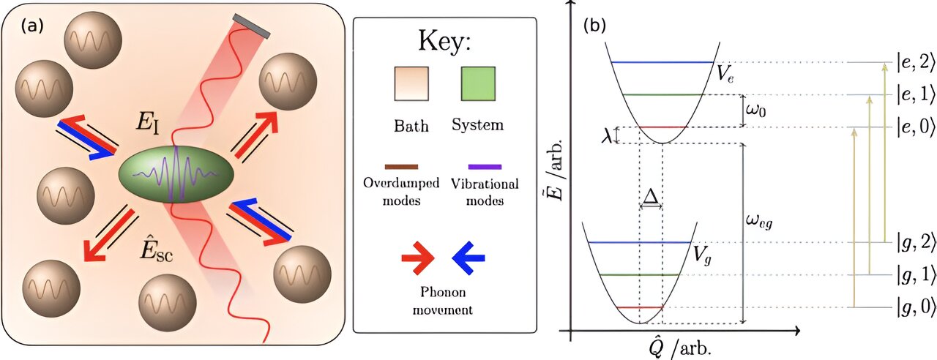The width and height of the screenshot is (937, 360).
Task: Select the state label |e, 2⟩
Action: point(915,63)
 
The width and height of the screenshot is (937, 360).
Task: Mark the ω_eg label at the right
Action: point(761,220)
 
